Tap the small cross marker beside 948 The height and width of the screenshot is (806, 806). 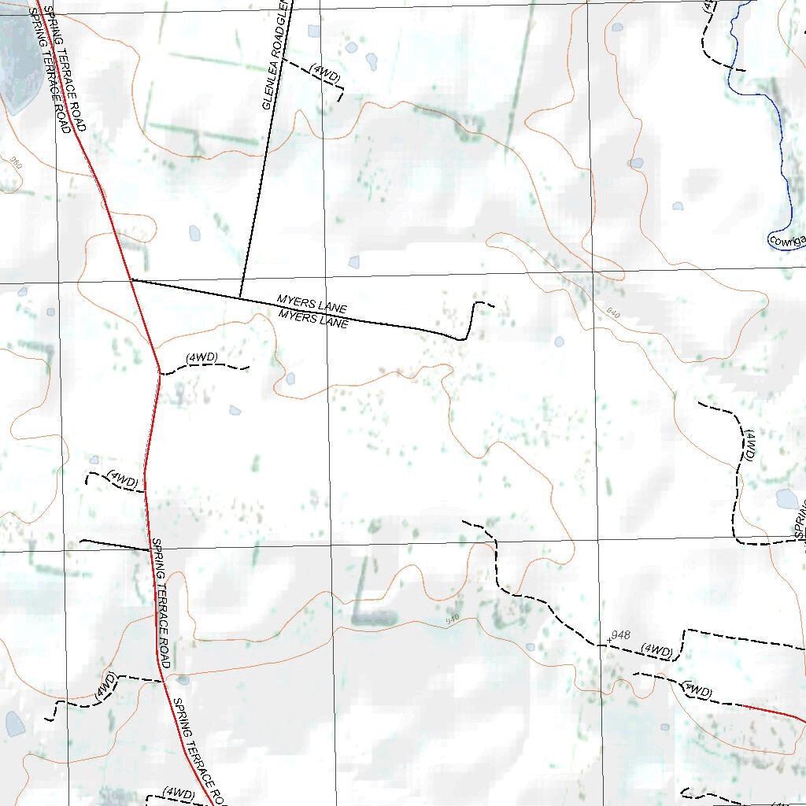pos(608,641)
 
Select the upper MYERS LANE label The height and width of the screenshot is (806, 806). pos(312,303)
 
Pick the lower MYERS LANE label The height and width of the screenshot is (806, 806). pos(312,317)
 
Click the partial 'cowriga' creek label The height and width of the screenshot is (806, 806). pos(788,241)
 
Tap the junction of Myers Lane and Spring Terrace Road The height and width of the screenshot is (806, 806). pos(131,279)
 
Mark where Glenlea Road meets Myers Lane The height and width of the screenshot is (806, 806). pos(240,297)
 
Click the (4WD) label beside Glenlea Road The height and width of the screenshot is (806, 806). pos(325,72)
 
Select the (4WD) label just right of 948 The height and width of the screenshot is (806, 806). pos(656,650)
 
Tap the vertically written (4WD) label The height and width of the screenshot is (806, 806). pos(749,446)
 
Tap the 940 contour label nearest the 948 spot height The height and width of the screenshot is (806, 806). pos(452,619)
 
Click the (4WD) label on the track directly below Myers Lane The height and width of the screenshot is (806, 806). pos(201,358)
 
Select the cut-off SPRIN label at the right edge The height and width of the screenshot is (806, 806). pos(800,519)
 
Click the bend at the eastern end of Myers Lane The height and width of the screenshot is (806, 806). pos(465,337)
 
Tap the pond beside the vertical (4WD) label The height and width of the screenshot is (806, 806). pos(786,498)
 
